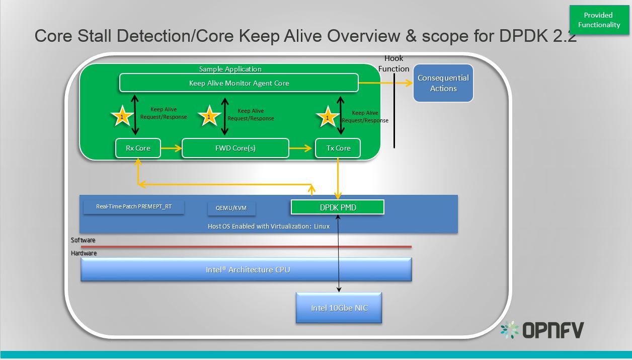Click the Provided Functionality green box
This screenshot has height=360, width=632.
point(599,20)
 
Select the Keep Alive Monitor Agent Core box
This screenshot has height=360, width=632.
point(239,83)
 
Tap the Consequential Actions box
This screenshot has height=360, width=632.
point(443,83)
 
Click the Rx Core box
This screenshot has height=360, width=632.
point(138,148)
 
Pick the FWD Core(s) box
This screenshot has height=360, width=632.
point(235,148)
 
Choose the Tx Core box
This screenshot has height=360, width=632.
point(338,148)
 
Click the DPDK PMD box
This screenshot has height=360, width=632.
point(338,207)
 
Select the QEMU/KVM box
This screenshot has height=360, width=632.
point(231,208)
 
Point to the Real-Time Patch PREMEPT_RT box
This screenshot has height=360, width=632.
point(133,207)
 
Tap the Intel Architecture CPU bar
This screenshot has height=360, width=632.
point(247,270)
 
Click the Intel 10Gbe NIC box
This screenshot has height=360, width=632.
point(339,307)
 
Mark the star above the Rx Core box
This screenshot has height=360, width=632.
point(122,117)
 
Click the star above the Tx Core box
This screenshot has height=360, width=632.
point(328,117)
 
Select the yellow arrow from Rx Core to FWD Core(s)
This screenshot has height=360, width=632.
point(171,148)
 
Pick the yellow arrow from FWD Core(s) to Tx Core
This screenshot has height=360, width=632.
point(301,148)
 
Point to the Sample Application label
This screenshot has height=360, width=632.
point(230,69)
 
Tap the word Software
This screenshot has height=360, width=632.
point(83,240)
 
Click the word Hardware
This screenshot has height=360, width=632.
point(84,253)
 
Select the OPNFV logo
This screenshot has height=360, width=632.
point(542,330)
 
